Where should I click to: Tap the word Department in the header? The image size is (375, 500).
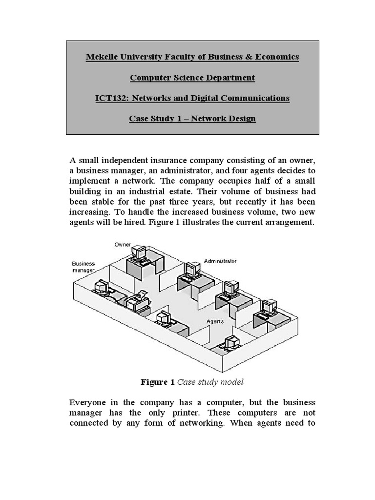coord(227,78)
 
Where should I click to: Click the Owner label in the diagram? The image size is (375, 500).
coord(123,244)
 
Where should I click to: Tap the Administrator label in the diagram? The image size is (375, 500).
coord(220,261)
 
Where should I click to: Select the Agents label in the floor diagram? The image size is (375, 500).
coord(215,322)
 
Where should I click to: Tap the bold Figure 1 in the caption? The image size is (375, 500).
coord(158,382)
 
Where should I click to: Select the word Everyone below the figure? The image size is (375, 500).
coord(89,403)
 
